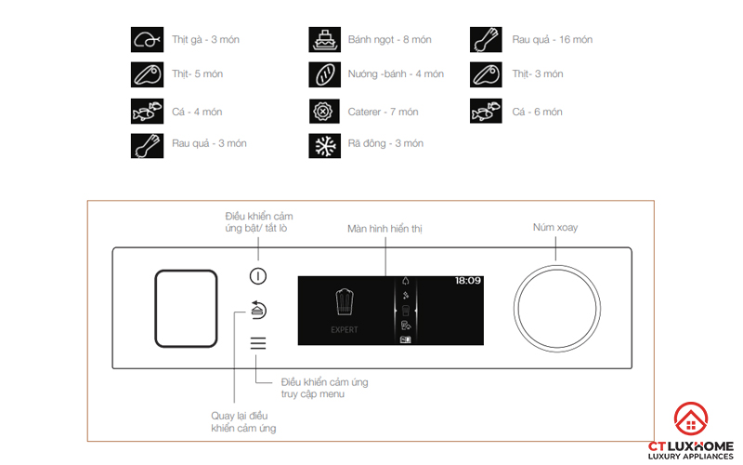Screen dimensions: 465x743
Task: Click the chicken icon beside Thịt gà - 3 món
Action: [x=145, y=40]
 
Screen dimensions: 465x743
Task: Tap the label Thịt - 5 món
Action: [x=198, y=74]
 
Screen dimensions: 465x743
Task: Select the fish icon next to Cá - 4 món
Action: [x=145, y=112]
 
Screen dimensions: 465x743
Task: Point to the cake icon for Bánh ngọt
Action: [x=323, y=40]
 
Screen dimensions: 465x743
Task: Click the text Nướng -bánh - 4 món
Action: [x=395, y=74]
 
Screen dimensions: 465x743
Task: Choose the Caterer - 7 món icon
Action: [x=323, y=112]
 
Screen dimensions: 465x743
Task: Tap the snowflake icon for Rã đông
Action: [x=323, y=144]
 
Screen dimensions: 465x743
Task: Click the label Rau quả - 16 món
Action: [x=552, y=40]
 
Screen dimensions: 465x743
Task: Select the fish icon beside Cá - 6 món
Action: [x=485, y=112]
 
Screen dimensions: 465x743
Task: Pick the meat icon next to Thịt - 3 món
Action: [x=485, y=74]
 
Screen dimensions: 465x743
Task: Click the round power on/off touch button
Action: [x=258, y=276]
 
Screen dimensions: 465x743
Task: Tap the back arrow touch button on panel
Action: [x=258, y=310]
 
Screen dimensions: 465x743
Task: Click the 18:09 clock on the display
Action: [x=467, y=280]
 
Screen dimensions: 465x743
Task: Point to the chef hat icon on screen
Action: [x=344, y=303]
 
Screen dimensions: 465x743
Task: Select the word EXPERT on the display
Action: [x=344, y=329]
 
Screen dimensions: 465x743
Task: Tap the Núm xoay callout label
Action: [x=555, y=228]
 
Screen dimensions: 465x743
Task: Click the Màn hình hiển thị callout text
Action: [x=385, y=228]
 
